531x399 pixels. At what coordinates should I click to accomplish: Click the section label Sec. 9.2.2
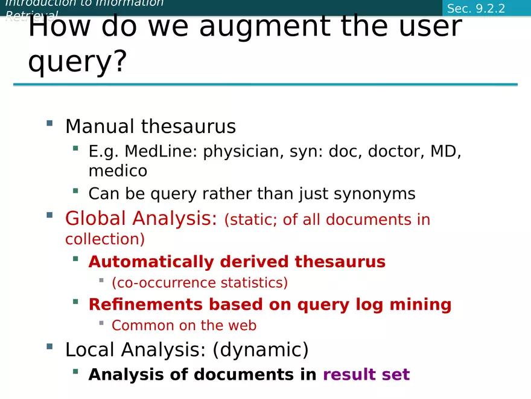(476, 9)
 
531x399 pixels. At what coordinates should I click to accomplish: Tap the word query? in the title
(78, 62)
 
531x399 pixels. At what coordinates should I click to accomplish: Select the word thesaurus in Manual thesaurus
(188, 126)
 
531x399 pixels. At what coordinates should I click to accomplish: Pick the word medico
(118, 171)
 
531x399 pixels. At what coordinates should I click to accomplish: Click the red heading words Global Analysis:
(141, 218)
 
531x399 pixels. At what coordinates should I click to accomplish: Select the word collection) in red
(105, 239)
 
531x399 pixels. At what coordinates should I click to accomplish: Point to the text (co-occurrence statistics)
(200, 283)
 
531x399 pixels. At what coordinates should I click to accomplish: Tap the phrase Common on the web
(184, 325)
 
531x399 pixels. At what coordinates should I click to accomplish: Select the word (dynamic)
(261, 349)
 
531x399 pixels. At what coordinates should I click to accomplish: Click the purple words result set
(366, 375)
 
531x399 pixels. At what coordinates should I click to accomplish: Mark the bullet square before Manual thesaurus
(49, 123)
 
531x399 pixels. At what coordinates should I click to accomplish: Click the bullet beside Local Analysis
(49, 346)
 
